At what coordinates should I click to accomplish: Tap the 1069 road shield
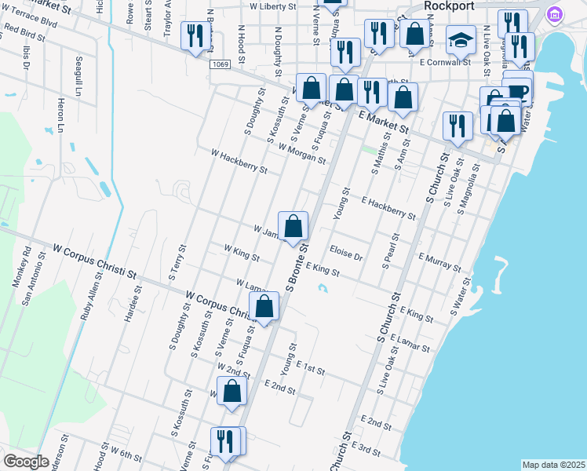pos(220,64)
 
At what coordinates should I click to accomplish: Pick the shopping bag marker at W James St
pos(293,227)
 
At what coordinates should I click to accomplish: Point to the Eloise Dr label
pos(346,256)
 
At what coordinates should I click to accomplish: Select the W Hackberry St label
pos(239,161)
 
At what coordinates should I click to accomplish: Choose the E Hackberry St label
pos(388,208)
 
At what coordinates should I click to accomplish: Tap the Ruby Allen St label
pos(91,299)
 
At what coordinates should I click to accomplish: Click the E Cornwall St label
pos(445,60)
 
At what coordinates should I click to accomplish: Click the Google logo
pos(26,462)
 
